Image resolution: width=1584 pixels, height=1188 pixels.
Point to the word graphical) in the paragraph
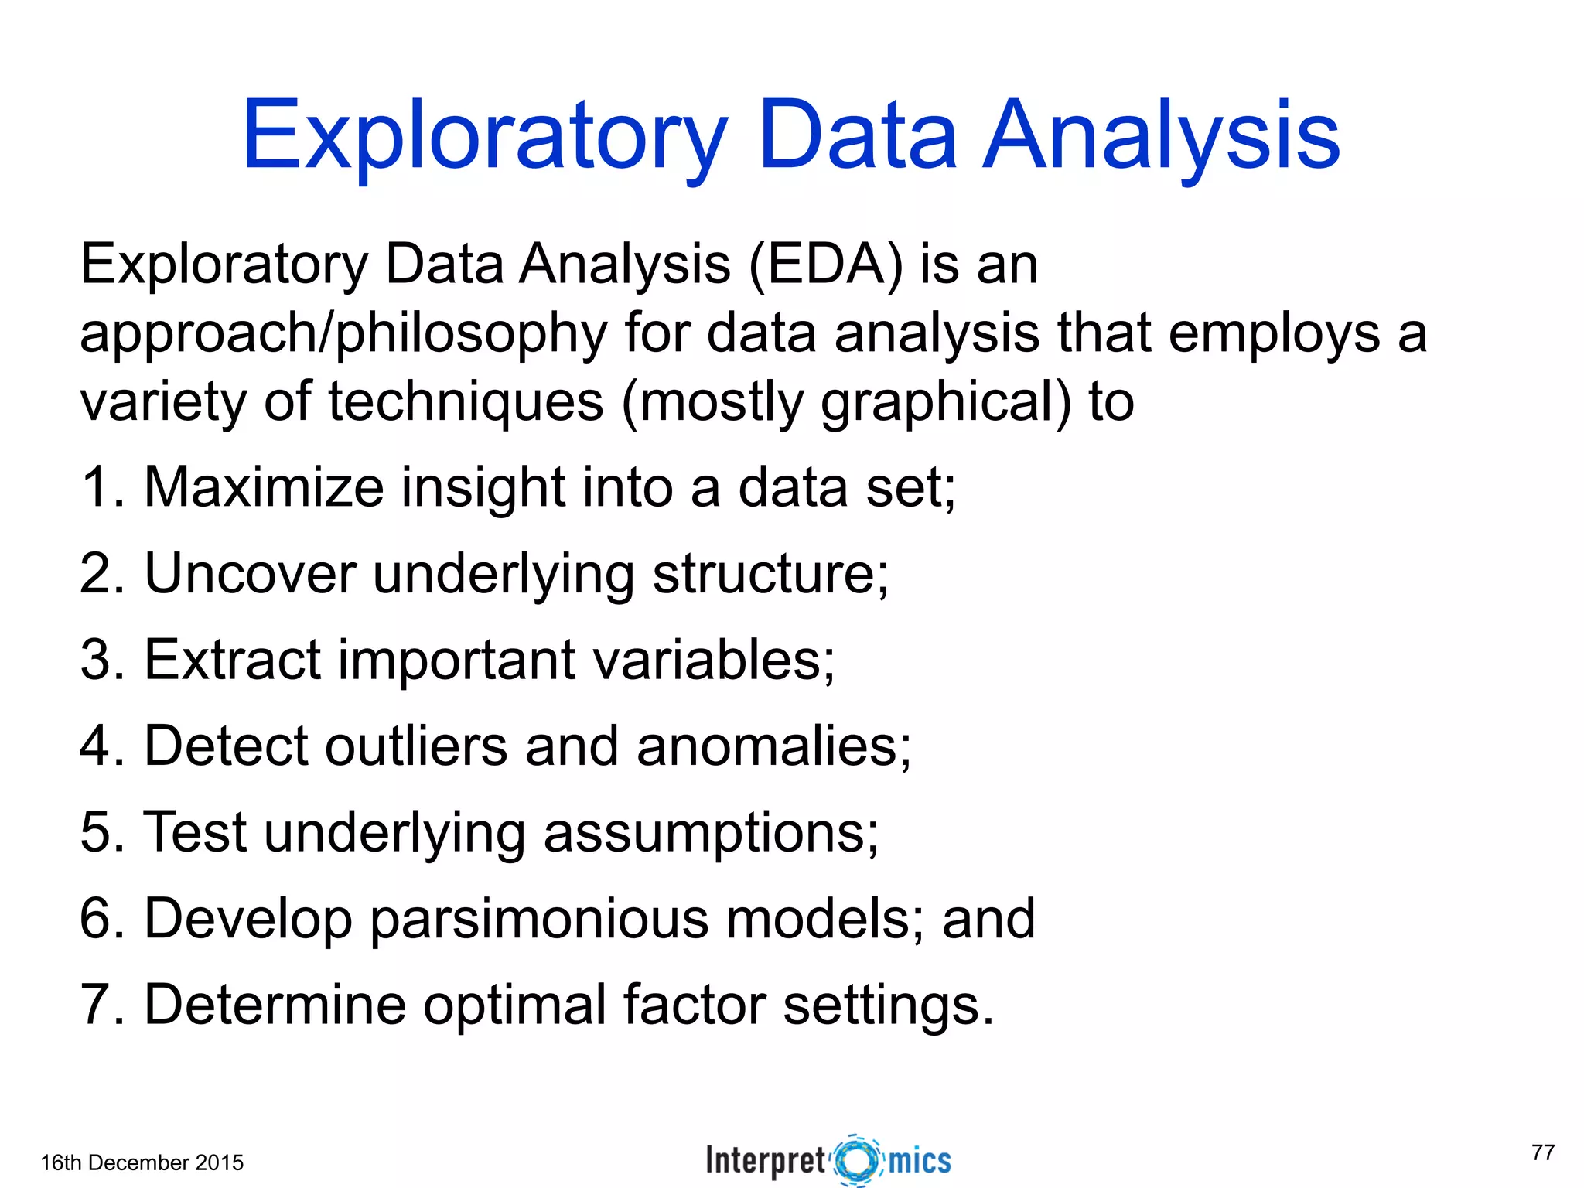946,402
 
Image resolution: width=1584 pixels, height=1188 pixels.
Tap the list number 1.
98,487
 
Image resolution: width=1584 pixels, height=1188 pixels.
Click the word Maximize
264,487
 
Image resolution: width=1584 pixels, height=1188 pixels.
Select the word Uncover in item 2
250,574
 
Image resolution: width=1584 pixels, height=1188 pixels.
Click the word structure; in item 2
771,574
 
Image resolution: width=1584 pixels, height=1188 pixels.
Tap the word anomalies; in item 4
773,746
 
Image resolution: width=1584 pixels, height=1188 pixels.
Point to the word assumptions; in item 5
711,834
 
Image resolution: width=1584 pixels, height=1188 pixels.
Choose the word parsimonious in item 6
539,919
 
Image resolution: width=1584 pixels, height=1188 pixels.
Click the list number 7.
98,1005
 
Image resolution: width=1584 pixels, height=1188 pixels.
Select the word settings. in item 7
888,1005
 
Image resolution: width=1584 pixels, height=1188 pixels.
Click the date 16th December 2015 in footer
142,1162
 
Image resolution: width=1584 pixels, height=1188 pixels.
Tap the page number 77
1542,1152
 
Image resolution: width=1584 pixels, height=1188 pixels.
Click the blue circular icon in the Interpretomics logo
857,1160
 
